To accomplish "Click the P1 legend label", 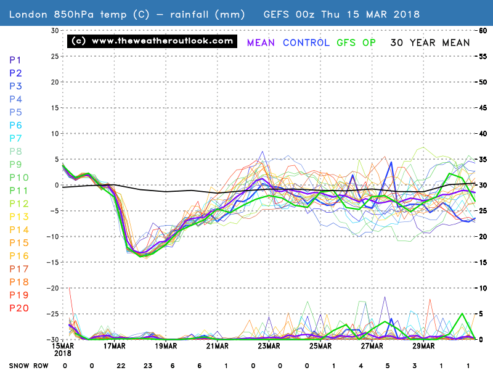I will click(16, 60).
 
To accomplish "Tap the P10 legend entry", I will click(18, 178).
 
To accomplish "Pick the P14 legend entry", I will click(18, 229).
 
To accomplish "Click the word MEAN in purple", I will click(261, 43).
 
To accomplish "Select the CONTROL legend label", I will click(307, 43).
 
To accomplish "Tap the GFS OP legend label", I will click(357, 43).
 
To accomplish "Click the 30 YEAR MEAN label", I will click(430, 43).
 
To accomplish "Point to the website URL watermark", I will click(152, 41).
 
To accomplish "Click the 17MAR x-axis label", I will click(115, 346).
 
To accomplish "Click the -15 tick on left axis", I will click(54, 262).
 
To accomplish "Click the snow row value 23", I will click(148, 365).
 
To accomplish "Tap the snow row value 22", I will click(121, 365).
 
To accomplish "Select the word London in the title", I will click(28, 14).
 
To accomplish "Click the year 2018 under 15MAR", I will click(63, 353).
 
